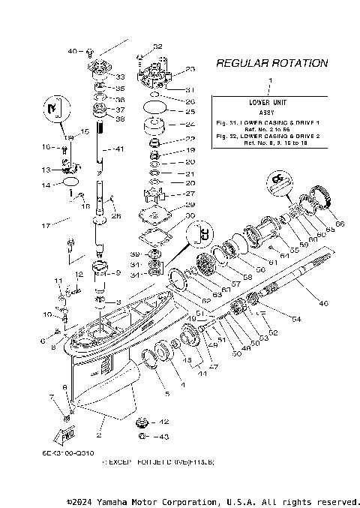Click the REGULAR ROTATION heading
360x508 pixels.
click(x=271, y=64)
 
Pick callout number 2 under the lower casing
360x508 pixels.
click(x=98, y=435)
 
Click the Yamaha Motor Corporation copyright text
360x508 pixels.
click(x=213, y=500)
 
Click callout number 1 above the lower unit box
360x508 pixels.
click(x=271, y=79)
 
